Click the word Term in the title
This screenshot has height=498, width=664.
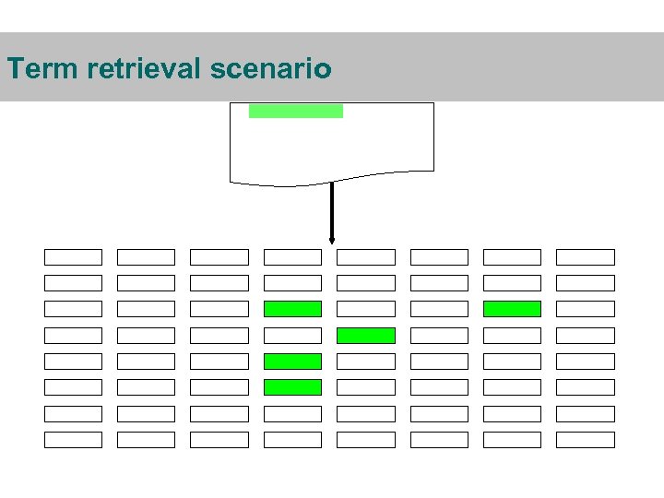point(38,68)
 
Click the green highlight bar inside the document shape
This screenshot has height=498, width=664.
point(295,111)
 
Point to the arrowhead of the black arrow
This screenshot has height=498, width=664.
point(332,242)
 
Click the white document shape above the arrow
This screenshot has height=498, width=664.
point(332,148)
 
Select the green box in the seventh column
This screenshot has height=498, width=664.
point(512,309)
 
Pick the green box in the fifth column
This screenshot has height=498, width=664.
point(365,336)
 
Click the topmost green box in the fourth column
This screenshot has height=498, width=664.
point(292,309)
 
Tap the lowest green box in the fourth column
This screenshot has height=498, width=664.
point(292,387)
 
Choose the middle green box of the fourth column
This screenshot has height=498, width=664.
point(292,362)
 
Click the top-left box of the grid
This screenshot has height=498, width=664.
point(73,257)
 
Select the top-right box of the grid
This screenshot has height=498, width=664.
point(585,257)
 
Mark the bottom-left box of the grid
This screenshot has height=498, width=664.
point(73,440)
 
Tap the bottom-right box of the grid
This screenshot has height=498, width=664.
point(585,440)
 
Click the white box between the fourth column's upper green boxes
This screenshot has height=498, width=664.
point(292,336)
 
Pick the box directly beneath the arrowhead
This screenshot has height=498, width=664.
point(365,257)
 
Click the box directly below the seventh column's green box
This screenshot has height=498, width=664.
point(512,336)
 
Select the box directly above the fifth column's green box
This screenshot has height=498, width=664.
point(365,309)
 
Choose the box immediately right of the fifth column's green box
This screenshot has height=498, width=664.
point(439,336)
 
